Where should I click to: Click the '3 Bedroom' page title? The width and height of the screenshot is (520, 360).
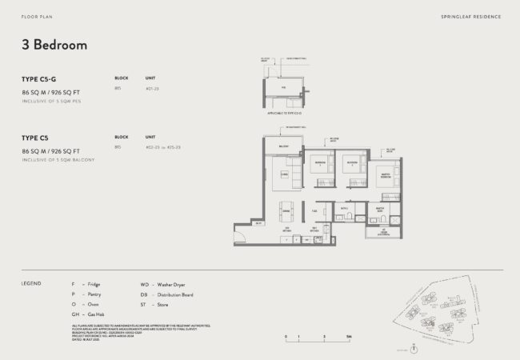54,46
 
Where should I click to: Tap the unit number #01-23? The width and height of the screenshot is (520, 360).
152,89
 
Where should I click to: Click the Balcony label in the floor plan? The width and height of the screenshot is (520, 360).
282,146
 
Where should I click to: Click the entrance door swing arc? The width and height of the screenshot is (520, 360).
239,234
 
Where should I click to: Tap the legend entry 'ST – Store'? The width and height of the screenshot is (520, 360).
154,305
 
